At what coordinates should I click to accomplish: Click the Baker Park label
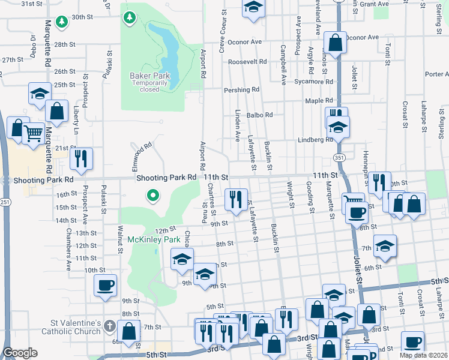(150, 76)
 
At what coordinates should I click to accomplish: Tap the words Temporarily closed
(150, 86)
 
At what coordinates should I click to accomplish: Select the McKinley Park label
(154, 240)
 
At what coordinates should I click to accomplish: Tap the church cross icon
(109, 326)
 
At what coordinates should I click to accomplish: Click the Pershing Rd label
(241, 90)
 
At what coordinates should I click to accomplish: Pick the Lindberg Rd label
(315, 140)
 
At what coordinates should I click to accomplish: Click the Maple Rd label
(319, 101)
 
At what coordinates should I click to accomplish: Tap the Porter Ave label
(436, 74)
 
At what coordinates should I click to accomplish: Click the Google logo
(20, 353)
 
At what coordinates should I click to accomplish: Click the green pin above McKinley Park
(153, 195)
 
